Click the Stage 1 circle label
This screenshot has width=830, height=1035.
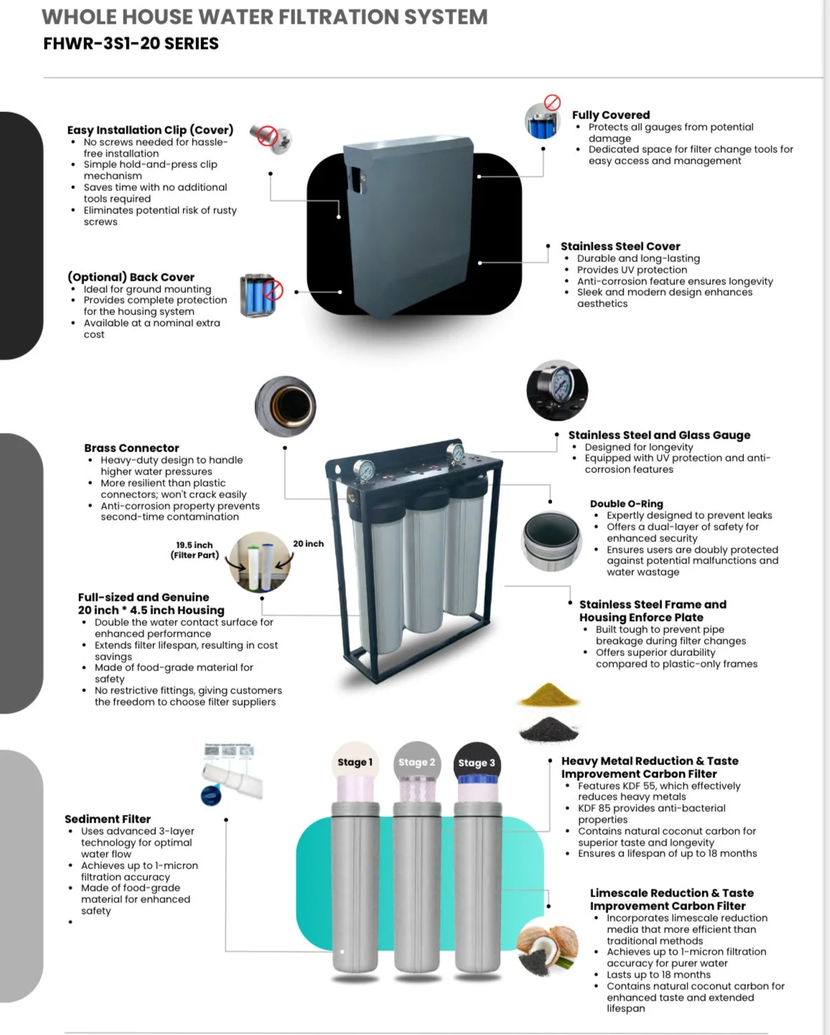point(355,762)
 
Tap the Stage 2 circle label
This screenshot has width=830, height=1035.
point(416,762)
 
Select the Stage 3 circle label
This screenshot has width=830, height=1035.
point(477,763)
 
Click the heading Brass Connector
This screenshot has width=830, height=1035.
point(131,448)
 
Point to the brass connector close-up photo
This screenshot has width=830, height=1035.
point(286,406)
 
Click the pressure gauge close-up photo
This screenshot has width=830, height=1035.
point(557,390)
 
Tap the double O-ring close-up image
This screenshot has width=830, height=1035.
point(552,540)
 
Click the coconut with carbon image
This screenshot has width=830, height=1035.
point(548,950)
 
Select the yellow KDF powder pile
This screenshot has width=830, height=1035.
point(549,695)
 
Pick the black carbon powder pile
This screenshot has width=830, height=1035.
point(549,730)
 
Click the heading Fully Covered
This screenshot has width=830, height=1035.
point(610,115)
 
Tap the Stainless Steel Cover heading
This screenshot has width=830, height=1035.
point(620,246)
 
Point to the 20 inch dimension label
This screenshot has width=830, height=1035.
point(308,543)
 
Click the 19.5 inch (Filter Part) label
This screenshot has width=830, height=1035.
point(195,550)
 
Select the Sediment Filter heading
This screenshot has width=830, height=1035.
point(108,819)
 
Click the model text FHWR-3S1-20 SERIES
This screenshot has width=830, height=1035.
point(131,44)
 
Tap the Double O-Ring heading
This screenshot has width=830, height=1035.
point(626,504)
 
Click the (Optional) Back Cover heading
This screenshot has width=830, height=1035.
point(131,277)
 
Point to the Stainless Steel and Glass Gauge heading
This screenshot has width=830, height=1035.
point(659,435)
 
